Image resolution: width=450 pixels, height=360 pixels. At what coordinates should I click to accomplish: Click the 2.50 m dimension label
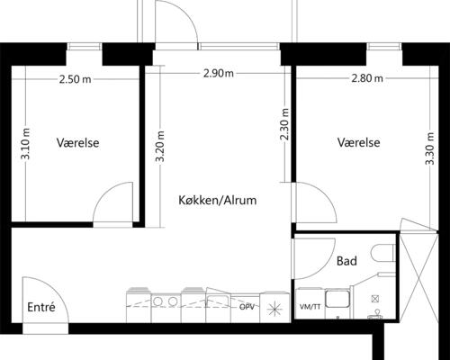tap(75, 79)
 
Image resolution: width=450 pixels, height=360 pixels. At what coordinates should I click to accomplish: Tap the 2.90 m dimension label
tap(219, 73)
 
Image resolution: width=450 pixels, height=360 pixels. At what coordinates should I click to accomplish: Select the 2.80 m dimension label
tap(367, 78)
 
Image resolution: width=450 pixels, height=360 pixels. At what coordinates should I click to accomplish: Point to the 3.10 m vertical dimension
tap(26, 143)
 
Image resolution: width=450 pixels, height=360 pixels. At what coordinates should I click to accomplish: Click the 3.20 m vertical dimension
tap(160, 146)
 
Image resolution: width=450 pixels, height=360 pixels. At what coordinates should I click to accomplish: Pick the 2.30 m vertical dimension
tap(284, 124)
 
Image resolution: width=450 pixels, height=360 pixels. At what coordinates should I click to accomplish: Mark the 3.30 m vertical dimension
tap(430, 148)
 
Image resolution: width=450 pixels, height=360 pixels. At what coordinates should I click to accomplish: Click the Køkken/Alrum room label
tap(218, 200)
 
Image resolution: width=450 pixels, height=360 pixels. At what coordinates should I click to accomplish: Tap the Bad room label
tap(346, 261)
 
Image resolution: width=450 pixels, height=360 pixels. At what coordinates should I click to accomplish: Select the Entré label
tap(41, 307)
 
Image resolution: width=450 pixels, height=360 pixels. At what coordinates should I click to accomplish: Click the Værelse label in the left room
tap(78, 142)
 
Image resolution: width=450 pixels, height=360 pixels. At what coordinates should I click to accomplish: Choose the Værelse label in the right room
tap(359, 142)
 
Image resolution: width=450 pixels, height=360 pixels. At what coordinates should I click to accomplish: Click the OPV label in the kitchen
tap(247, 307)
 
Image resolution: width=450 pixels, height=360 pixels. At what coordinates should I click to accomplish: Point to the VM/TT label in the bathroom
tap(310, 307)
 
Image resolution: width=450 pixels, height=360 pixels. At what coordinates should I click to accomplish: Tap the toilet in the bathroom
tap(383, 253)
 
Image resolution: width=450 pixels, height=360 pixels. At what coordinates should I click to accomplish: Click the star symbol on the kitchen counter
tap(274, 309)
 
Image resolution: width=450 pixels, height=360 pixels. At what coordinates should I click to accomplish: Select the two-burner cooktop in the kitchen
tap(164, 301)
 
